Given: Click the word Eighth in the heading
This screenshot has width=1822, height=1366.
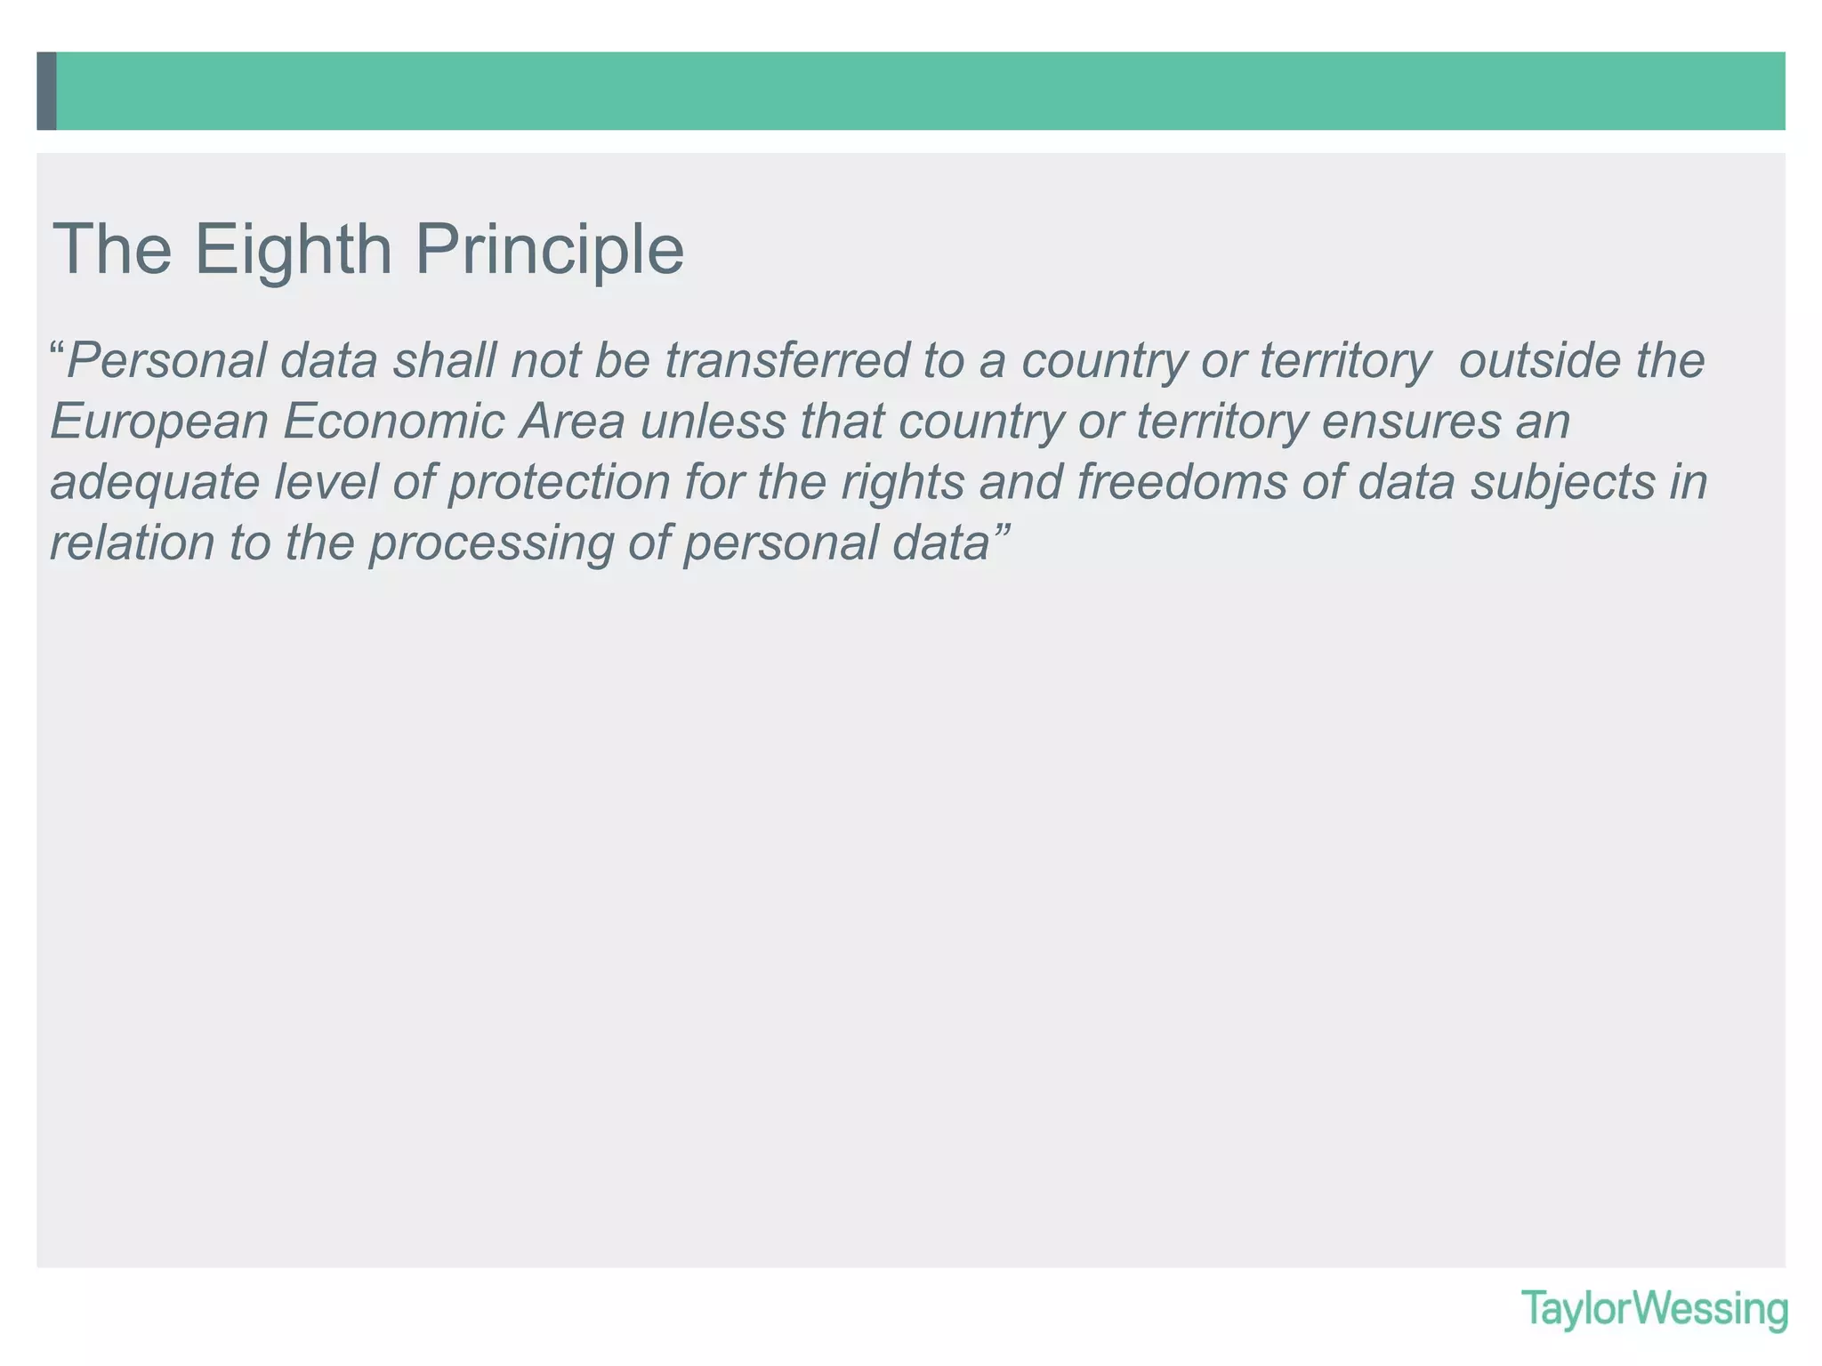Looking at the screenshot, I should coord(294,250).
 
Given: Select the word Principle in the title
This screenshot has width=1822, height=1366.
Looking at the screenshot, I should coord(549,250).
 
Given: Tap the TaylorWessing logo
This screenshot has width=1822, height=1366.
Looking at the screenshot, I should coord(1654,1309).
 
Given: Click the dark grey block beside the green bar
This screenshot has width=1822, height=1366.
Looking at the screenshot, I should coord(47,91).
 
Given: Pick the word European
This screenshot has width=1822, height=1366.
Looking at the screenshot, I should coord(159,422).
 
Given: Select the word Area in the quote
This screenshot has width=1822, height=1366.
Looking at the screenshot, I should coord(572,422).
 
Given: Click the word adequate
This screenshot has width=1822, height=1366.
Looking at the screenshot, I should coord(154,482).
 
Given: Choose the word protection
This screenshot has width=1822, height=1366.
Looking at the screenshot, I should coord(558,482).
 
